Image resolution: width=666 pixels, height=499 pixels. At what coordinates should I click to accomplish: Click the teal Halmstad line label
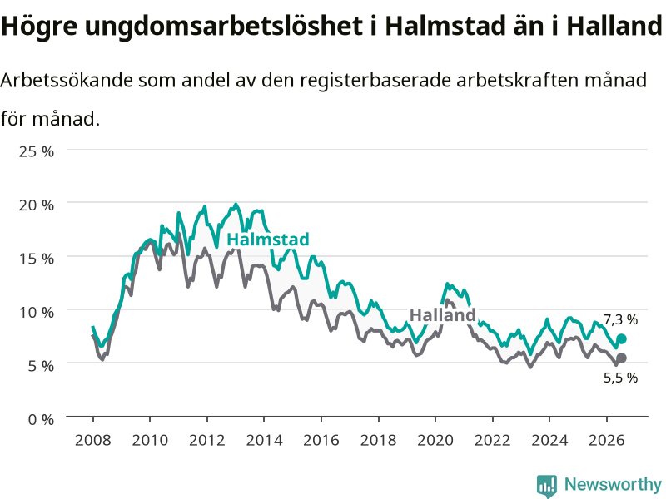[267, 240]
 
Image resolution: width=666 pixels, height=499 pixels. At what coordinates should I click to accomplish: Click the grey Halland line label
[442, 315]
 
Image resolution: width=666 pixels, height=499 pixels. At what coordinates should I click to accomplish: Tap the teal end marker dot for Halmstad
[621, 338]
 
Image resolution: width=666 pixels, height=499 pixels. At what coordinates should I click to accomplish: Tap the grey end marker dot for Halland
[621, 358]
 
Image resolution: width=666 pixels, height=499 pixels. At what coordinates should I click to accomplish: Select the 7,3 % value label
[620, 319]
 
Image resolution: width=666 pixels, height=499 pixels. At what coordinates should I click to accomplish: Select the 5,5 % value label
[620, 378]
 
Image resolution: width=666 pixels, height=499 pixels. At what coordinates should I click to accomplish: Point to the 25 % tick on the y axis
[37, 151]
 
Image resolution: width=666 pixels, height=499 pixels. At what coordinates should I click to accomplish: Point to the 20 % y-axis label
[37, 205]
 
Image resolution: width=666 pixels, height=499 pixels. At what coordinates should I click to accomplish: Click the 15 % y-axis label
[37, 259]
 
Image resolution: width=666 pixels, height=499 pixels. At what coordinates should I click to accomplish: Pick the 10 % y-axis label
[37, 312]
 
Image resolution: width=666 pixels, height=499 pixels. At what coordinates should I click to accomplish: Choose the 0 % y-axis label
[41, 419]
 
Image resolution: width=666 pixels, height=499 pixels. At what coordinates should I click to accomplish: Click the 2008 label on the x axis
[93, 440]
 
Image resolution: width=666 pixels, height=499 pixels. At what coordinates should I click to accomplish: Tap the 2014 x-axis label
[264, 440]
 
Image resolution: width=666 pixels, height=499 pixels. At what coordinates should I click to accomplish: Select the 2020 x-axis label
[435, 440]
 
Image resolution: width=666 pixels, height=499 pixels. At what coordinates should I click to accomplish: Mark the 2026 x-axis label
[607, 440]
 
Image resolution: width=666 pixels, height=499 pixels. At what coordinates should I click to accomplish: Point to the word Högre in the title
[39, 27]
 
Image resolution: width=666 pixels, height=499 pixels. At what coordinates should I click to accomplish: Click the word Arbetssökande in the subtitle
[67, 80]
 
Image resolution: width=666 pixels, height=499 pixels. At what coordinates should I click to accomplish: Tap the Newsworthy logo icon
[547, 485]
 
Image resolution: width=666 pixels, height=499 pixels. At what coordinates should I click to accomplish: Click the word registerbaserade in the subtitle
[375, 81]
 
